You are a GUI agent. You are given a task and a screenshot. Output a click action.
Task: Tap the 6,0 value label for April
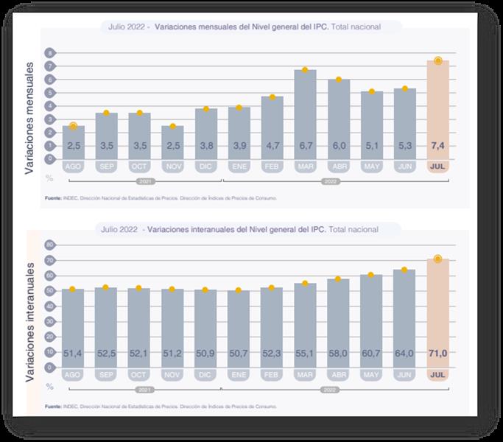[339, 146]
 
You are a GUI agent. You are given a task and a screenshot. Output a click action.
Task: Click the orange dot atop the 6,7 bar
[305, 70]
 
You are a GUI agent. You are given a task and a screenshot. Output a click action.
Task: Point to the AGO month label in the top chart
[73, 166]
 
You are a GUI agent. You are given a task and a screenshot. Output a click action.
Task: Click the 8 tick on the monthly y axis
[51, 53]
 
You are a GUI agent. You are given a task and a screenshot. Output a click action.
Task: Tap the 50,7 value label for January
[239, 354]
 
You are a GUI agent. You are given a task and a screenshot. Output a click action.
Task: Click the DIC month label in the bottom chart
[205, 374]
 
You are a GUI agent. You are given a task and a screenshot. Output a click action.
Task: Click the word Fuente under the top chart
[52, 197]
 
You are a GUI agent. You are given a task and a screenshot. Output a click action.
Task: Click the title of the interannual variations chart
[250, 229]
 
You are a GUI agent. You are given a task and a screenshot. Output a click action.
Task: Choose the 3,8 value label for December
[205, 146]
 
